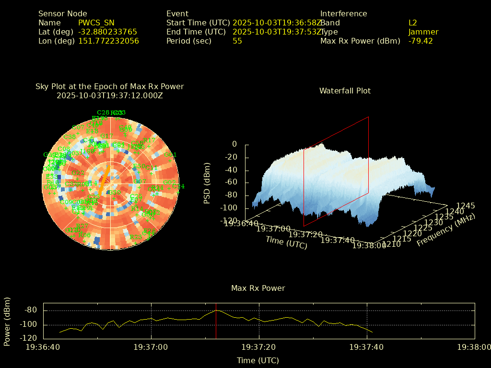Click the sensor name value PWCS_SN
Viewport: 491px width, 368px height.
coord(96,23)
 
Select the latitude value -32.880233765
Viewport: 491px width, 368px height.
coord(107,32)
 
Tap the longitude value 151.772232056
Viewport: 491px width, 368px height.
coord(108,41)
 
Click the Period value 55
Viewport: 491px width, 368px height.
coord(237,41)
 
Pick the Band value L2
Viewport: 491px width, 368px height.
coord(412,23)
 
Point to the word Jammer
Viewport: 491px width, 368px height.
coord(423,32)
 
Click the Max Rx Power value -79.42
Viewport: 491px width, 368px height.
coord(421,41)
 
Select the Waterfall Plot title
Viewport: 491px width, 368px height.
coord(345,91)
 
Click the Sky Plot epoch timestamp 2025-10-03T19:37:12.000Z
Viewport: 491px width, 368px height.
coord(110,95)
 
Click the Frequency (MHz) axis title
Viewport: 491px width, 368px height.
coord(446,230)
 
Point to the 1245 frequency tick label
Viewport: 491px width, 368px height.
coord(466,206)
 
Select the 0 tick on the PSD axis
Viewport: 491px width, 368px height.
coord(234,144)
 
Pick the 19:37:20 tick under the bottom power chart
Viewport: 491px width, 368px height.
coord(259,347)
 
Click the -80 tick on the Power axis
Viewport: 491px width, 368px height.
coord(31,310)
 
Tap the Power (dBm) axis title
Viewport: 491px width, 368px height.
coord(7,322)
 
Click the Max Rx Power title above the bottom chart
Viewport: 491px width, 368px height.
coord(258,288)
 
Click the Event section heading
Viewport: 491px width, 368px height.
coord(177,14)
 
